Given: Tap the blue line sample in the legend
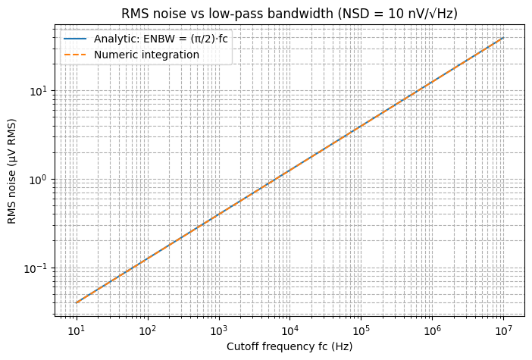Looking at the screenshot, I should click(x=76, y=40).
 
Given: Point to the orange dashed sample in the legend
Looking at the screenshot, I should click(x=76, y=55).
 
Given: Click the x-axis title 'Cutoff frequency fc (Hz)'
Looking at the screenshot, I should click(x=289, y=346).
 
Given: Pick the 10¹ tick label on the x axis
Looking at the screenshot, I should click(x=76, y=330).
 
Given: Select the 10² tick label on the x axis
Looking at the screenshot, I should click(x=147, y=330).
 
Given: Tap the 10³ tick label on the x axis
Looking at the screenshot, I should click(x=218, y=330).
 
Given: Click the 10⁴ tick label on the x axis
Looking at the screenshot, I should click(x=289, y=330).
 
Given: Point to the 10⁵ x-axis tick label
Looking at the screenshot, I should click(x=361, y=330).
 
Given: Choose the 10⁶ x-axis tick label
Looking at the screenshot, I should click(x=432, y=330).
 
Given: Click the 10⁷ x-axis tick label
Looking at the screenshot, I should click(x=503, y=330).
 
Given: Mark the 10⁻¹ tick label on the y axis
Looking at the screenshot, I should click(x=36, y=268).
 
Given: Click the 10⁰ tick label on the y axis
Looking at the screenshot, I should click(x=39, y=180).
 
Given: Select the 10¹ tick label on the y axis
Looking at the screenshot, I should click(x=39, y=91).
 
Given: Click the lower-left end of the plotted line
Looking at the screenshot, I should click(x=76, y=303).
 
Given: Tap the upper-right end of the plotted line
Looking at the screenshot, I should click(x=503, y=37).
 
